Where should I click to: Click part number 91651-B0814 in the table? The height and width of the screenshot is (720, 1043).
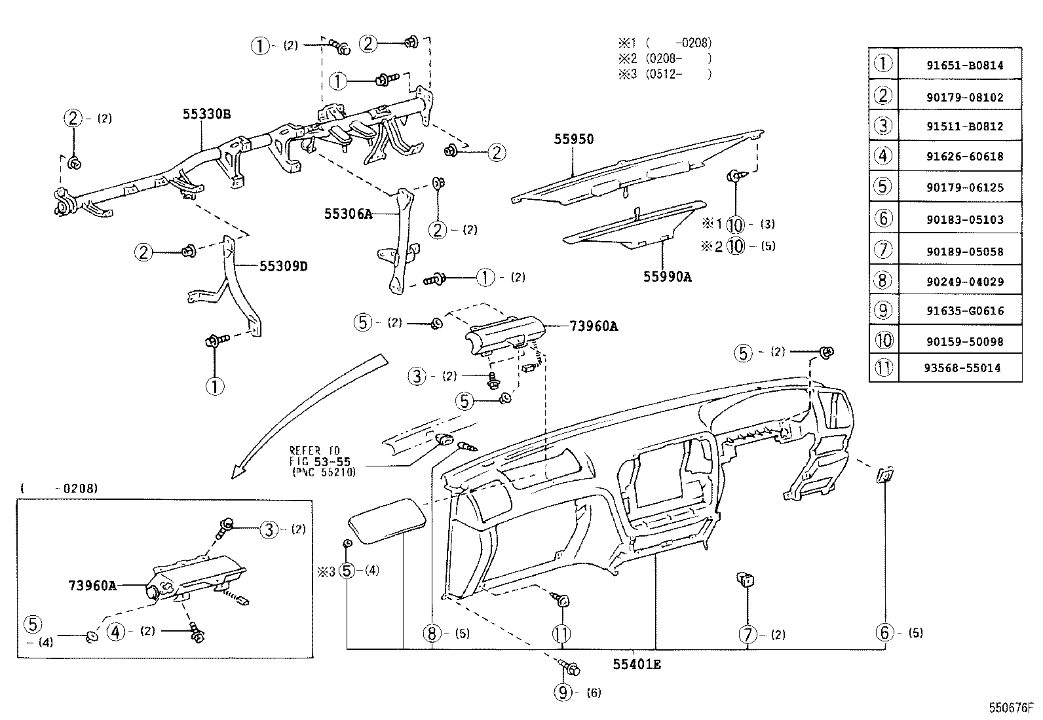(959, 66)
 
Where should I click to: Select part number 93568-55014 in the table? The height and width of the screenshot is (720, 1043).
(959, 368)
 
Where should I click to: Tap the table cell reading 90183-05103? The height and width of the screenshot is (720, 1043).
(959, 220)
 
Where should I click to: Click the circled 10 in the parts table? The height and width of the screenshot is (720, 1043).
(883, 340)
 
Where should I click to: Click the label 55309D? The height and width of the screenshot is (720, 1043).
(284, 266)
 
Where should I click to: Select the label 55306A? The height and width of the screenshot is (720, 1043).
(348, 214)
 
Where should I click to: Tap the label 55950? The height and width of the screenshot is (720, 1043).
(573, 139)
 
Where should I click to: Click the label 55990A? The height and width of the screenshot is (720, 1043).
(667, 276)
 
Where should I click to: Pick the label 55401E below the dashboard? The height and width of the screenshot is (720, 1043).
(637, 664)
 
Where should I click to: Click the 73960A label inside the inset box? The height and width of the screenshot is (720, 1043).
(92, 585)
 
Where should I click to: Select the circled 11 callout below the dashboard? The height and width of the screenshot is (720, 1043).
(561, 634)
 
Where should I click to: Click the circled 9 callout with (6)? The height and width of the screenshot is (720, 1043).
(563, 692)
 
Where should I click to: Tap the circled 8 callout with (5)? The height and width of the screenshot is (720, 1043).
(431, 634)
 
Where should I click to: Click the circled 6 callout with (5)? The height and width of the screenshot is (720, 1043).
(884, 632)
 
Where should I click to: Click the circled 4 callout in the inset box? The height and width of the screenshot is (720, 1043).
(116, 632)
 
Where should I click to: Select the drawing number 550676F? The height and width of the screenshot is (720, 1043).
(1010, 708)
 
